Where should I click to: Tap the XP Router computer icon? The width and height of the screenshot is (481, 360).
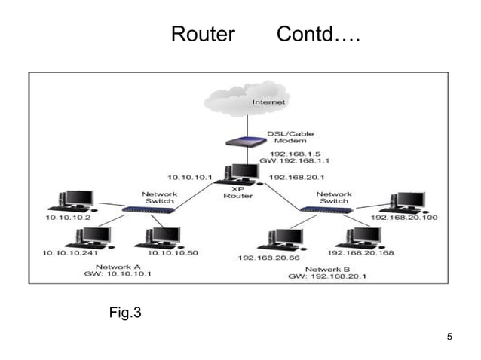pos(240,174)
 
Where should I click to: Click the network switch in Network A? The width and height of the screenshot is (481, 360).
pos(149,208)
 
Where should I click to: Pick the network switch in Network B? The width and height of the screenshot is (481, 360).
pos(320,208)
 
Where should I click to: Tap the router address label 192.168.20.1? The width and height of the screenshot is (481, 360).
pos(296,178)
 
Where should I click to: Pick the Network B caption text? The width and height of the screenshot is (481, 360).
pos(327,268)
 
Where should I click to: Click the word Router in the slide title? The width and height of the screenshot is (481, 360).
pos(203,34)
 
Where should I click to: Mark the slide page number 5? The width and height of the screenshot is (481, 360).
pos(449,336)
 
